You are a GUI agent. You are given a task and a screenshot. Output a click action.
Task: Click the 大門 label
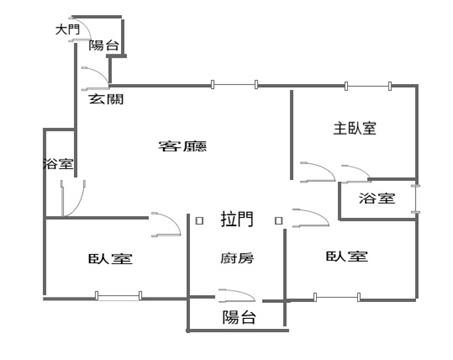point(68,29)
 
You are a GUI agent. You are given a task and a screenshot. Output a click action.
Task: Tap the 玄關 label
point(106,99)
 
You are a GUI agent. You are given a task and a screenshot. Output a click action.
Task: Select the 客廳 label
point(183,146)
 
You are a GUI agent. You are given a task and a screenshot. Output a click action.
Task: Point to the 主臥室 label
point(355,128)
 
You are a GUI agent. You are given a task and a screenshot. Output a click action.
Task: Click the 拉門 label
point(237,219)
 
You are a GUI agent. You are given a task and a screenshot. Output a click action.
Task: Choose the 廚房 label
point(237,258)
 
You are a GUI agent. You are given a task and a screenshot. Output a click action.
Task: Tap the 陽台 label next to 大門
point(104,45)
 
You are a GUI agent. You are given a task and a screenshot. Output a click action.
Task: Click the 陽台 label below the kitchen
point(239,317)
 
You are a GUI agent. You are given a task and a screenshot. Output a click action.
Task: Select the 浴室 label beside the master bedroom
point(377,198)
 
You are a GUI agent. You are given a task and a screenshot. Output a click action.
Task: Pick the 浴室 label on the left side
point(58,164)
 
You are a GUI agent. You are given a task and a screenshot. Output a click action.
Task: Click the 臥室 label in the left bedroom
point(110,259)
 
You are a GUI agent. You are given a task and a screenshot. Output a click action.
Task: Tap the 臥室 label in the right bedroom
point(347,256)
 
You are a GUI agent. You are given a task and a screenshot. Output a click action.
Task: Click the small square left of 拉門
point(199,221)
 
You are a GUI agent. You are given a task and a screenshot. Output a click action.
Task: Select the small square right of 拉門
point(279,221)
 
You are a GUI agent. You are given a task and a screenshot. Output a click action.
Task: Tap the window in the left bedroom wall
point(118,296)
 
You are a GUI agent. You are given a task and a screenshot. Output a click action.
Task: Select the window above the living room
point(234,85)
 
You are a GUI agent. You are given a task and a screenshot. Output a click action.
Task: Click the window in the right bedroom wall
point(337,297)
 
